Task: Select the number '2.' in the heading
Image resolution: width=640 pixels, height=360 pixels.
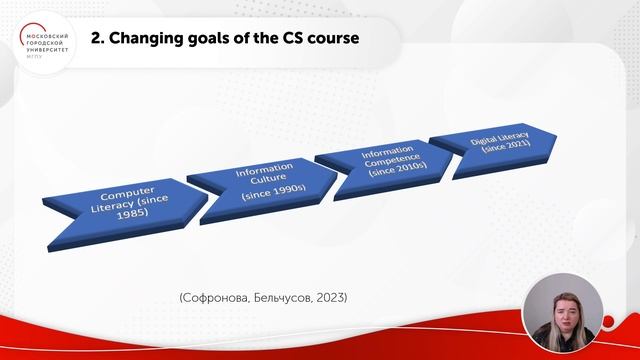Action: click(x=98, y=40)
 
